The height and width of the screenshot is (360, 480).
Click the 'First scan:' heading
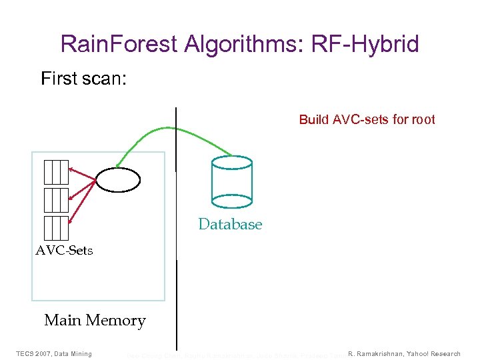pyautogui.click(x=84, y=79)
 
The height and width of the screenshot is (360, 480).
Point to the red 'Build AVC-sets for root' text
pyautogui.click(x=367, y=120)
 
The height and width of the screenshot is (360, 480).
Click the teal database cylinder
pyautogui.click(x=231, y=179)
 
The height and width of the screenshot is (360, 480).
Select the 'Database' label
pyautogui.click(x=230, y=225)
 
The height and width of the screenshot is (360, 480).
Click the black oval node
pyautogui.click(x=118, y=179)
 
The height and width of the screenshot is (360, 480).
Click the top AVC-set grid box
pyautogui.click(x=56, y=172)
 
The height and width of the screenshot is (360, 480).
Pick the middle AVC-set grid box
pyautogui.click(x=56, y=200)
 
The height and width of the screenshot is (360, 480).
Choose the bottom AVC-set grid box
pyautogui.click(x=56, y=228)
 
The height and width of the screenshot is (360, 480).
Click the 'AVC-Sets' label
pyautogui.click(x=64, y=251)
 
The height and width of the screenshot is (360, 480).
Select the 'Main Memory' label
pyautogui.click(x=95, y=321)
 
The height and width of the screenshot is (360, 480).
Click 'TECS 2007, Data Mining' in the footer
pyautogui.click(x=54, y=353)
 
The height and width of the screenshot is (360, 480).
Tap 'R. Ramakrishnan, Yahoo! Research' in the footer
pyautogui.click(x=404, y=353)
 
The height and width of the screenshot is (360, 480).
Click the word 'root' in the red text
pyautogui.click(x=423, y=120)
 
